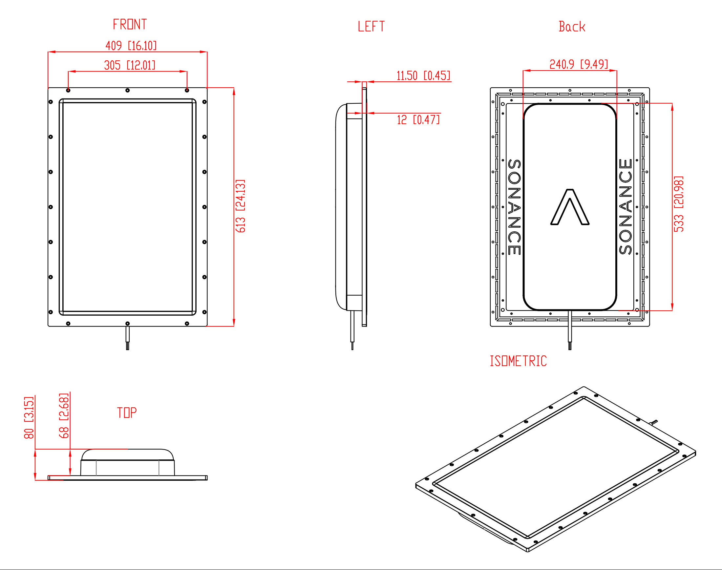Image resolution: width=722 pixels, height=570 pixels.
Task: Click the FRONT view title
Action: [130, 24]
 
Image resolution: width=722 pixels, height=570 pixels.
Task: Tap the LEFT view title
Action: [371, 26]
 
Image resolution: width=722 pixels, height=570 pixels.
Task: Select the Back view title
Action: [572, 26]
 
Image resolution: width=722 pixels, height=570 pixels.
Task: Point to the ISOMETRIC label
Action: [518, 361]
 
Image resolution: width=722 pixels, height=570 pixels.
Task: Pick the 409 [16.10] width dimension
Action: [131, 45]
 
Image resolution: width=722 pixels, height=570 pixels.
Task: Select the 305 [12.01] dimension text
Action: [130, 65]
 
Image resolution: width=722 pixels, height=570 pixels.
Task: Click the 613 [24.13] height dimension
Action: [240, 206]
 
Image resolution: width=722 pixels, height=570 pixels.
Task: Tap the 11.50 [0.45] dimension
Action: [423, 76]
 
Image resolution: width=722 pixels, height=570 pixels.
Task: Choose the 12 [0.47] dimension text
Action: [418, 119]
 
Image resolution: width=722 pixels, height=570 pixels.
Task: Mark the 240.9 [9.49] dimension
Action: [579, 64]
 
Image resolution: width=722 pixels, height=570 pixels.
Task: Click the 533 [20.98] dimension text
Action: [679, 204]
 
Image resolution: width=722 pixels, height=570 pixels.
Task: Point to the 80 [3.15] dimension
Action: [29, 417]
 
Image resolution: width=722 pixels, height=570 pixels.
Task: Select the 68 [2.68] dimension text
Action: [64, 416]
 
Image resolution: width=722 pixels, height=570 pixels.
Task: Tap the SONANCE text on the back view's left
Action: [514, 207]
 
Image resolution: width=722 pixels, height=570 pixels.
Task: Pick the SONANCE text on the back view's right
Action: [626, 207]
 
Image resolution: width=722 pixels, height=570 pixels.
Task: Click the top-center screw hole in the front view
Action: [128, 91]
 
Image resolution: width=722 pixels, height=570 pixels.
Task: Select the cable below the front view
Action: [128, 338]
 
